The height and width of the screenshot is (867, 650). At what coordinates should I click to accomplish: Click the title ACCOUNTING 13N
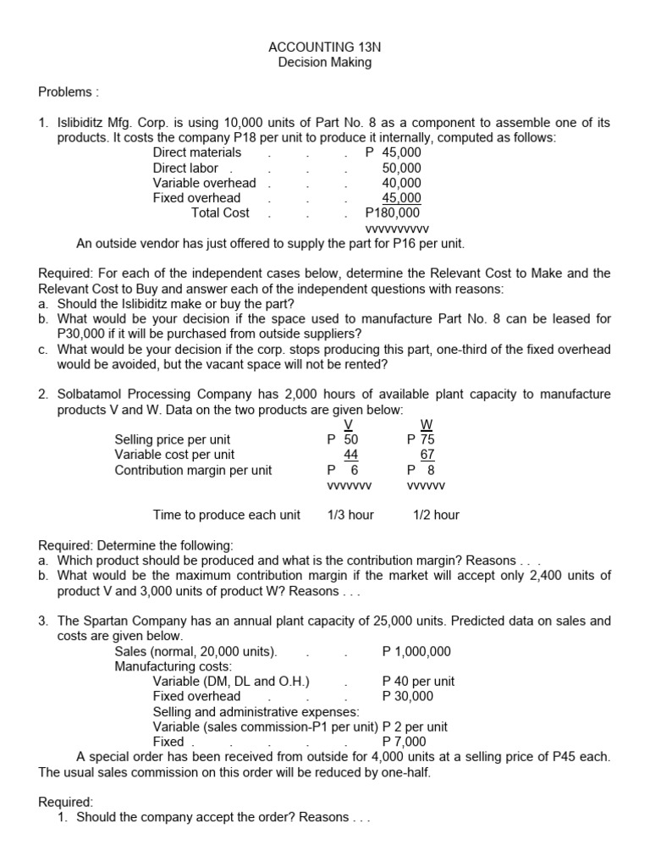click(324, 47)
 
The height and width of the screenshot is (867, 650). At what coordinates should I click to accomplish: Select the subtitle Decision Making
click(324, 62)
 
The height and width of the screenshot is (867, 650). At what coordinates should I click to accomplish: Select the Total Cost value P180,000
click(393, 213)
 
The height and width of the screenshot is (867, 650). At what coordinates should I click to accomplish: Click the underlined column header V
click(348, 425)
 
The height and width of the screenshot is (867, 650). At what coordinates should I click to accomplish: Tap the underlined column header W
click(427, 425)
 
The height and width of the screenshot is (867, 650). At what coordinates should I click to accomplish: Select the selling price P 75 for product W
click(421, 439)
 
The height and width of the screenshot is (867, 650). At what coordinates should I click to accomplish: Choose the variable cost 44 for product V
click(350, 455)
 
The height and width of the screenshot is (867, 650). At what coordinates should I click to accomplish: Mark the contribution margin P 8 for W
click(421, 470)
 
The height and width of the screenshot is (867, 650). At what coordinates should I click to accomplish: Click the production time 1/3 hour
click(350, 515)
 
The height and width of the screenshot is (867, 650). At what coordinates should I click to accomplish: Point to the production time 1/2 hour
click(436, 515)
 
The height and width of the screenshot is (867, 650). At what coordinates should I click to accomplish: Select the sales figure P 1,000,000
click(416, 651)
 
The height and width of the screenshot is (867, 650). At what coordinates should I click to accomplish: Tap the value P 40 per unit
click(418, 682)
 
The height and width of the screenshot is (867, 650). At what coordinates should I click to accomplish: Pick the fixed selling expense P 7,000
click(405, 742)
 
